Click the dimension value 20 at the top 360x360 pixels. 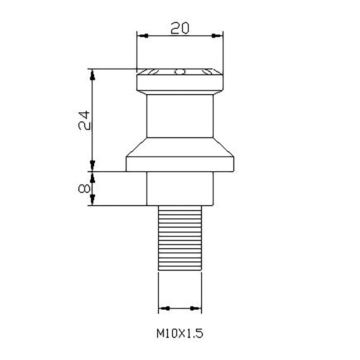click(180, 28)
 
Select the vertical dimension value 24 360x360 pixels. click(84, 120)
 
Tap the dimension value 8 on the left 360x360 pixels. click(84, 189)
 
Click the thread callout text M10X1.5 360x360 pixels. click(180, 333)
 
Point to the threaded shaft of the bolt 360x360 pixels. click(180, 238)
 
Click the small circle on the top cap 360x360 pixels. click(180, 72)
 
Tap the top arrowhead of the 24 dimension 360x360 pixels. click(92, 75)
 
